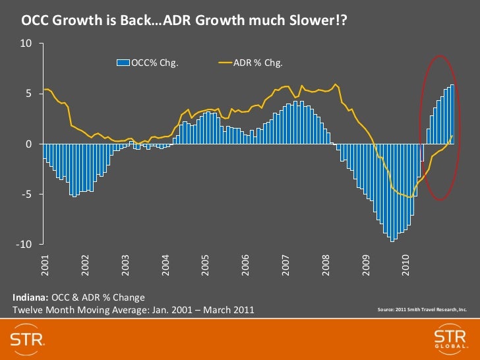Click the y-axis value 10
click(26, 44)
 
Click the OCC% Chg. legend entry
click(148, 63)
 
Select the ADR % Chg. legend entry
click(254, 63)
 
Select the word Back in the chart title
click(132, 20)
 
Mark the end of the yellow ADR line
click(453, 136)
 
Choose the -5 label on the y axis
click(28, 195)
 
